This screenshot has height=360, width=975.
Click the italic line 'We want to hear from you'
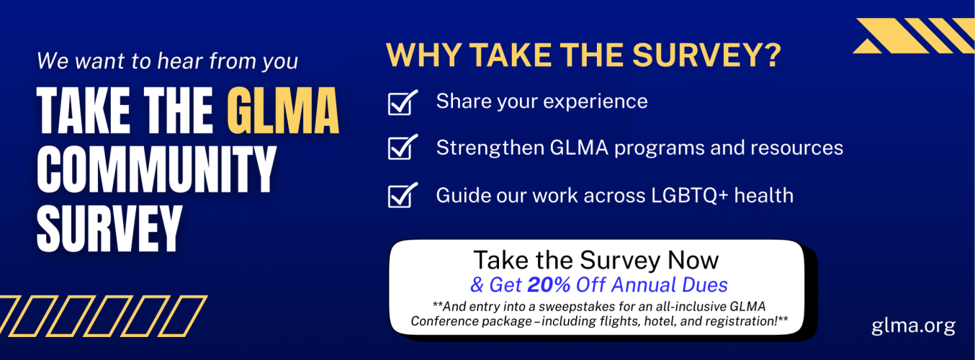click(x=167, y=60)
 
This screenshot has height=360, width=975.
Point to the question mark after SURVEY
click(x=772, y=56)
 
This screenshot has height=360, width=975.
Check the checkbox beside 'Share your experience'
click(x=402, y=102)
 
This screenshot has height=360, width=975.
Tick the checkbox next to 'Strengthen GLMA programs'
click(x=402, y=148)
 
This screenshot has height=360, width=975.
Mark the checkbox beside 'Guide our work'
click(x=402, y=195)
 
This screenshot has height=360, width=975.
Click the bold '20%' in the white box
click(x=549, y=284)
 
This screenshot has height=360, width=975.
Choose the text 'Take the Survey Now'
click(x=596, y=260)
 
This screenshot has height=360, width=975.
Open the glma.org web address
click(x=913, y=325)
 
